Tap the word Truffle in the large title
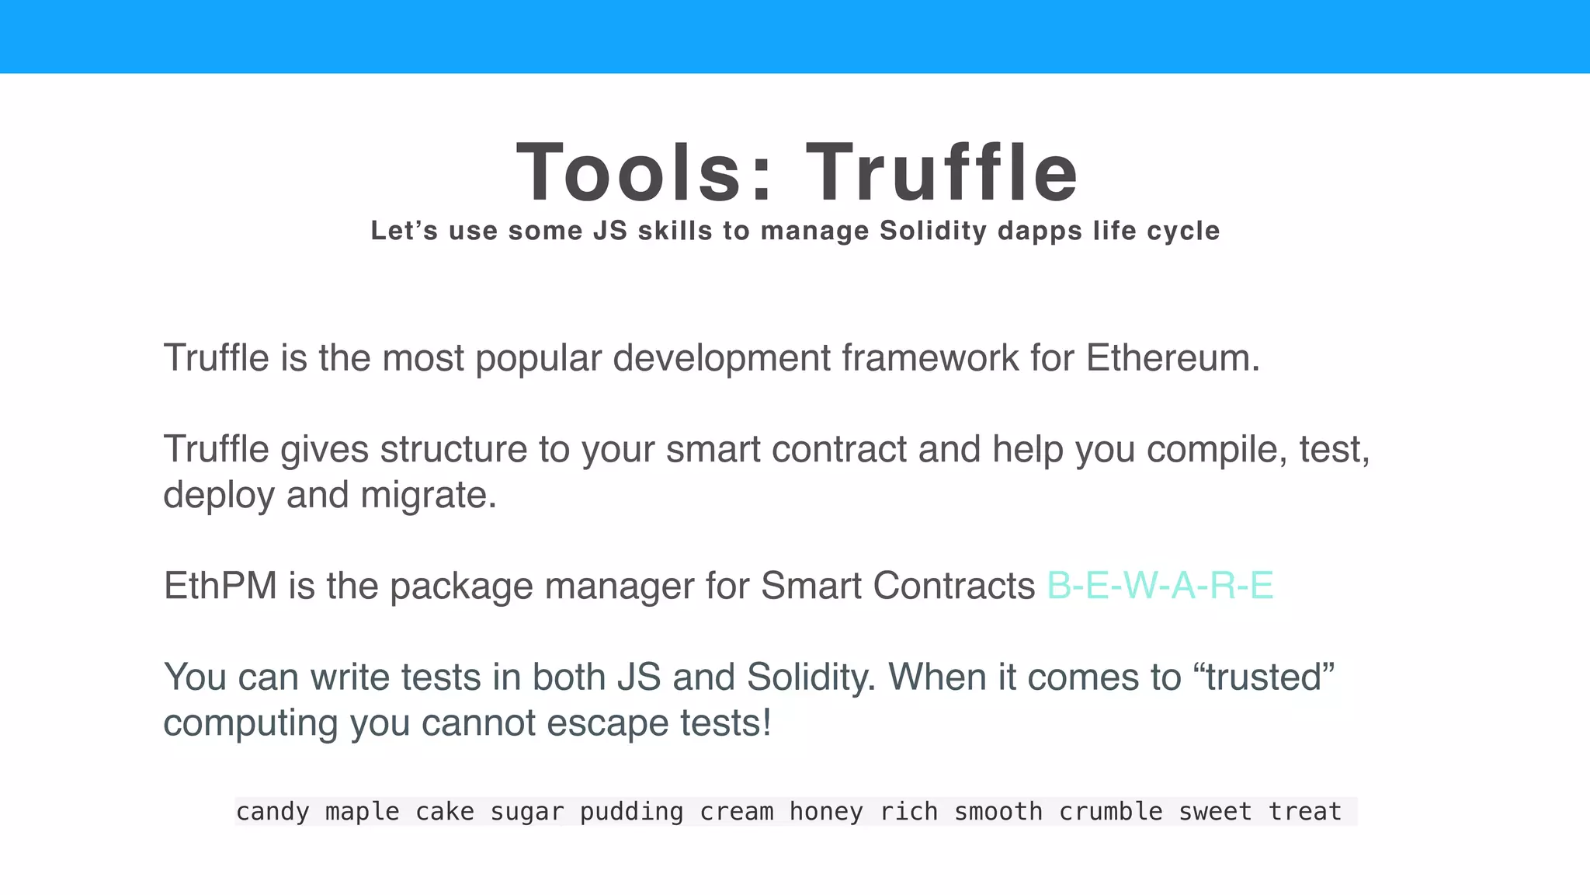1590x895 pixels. [x=942, y=172]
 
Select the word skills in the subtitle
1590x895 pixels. [x=675, y=231]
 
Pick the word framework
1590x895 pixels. [x=930, y=359]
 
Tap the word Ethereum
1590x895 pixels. [x=1172, y=359]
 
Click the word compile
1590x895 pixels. [x=1212, y=450]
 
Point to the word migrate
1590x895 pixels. [x=429, y=496]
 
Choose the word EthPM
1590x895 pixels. [x=220, y=587]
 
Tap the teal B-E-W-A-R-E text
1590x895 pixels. [x=1160, y=587]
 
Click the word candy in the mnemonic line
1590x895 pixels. [x=273, y=812]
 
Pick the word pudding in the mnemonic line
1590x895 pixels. [x=631, y=812]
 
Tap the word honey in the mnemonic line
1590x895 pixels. [x=826, y=812]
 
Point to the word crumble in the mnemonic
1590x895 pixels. [x=1110, y=812]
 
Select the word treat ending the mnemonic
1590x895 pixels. [x=1304, y=812]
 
